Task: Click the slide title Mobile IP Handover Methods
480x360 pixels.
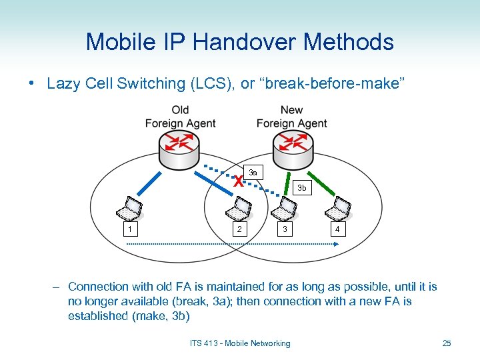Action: coord(239,42)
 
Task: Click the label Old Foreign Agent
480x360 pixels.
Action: coord(180,116)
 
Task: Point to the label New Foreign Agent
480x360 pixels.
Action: coord(291,116)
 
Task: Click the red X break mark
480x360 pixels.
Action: coord(238,181)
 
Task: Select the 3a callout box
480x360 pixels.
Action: coord(253,173)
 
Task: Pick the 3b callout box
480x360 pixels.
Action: coord(301,188)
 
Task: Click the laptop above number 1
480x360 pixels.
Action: coord(129,209)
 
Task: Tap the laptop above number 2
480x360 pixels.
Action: coord(239,209)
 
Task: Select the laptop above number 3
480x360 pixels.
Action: coord(285,209)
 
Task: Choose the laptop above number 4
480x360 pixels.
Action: coord(337,209)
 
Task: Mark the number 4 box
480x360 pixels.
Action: coord(337,230)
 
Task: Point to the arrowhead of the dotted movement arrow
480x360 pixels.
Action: coord(339,245)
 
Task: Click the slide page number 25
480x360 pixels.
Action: coord(447,343)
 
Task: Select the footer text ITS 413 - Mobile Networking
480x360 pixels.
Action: coord(240,343)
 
